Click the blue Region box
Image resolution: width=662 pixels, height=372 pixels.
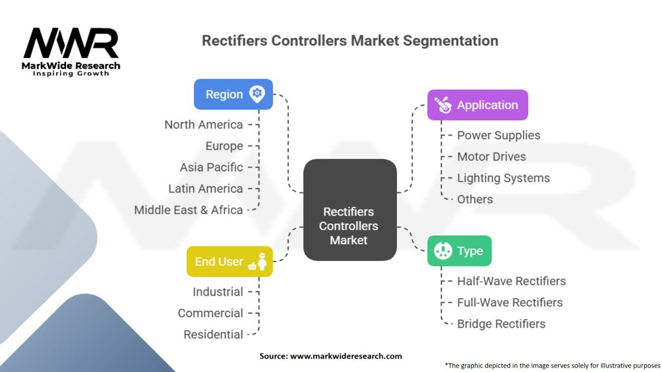pos(233,94)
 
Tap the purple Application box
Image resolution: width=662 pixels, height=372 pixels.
pos(478,105)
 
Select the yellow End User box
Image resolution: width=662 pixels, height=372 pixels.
pos(230,262)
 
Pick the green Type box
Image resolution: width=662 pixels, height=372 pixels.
pos(459,251)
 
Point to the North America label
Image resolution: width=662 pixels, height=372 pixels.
pos(204,125)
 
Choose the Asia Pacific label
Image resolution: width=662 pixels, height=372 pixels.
pos(211,167)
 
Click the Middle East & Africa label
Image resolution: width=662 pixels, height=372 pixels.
pos(188,210)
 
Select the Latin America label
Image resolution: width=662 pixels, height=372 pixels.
pos(206,189)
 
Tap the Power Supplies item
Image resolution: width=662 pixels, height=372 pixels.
pos(498,135)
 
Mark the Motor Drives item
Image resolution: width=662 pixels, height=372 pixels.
pos(491,156)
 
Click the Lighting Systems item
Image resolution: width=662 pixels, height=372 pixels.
pos(503,178)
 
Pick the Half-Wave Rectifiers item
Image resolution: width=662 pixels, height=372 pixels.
pos(511,281)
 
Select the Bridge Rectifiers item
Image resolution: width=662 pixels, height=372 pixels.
pos(501,324)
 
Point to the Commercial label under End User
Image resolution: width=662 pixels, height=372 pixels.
pos(210,313)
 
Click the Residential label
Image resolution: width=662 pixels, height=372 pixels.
pos(213,335)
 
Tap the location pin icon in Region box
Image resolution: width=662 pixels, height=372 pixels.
pos(257,94)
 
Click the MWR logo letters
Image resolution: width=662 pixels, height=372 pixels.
pos(71,43)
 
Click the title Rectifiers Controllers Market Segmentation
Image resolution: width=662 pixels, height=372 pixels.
pos(350,41)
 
